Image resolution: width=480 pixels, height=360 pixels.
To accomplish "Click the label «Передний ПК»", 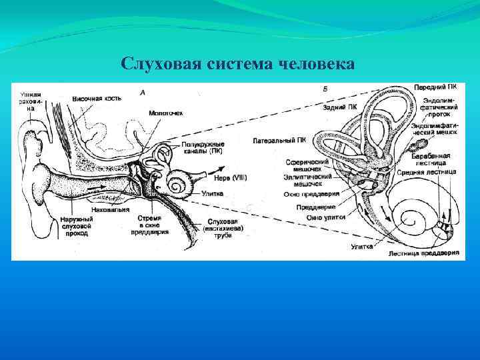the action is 435,87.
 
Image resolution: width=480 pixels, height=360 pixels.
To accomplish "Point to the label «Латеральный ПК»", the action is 280,140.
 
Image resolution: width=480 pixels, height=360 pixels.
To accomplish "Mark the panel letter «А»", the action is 143,92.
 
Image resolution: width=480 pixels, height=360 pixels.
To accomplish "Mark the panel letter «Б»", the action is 324,89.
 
